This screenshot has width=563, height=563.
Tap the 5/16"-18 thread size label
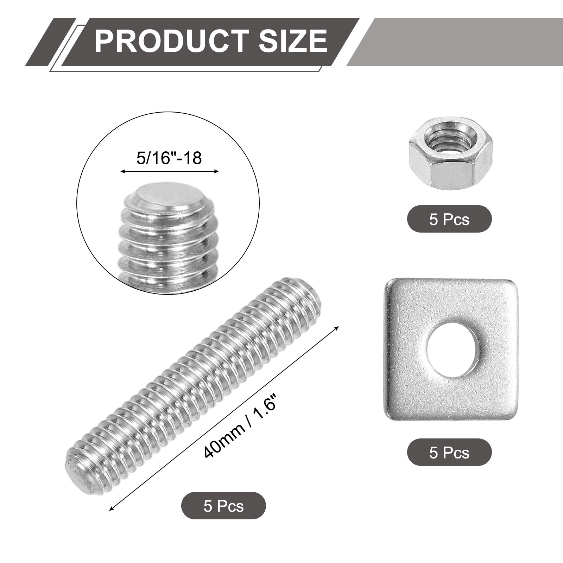(169, 158)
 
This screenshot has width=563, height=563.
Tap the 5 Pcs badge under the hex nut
(449, 219)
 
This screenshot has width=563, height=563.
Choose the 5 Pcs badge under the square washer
(449, 453)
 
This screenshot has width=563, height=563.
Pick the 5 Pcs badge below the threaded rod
(223, 506)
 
